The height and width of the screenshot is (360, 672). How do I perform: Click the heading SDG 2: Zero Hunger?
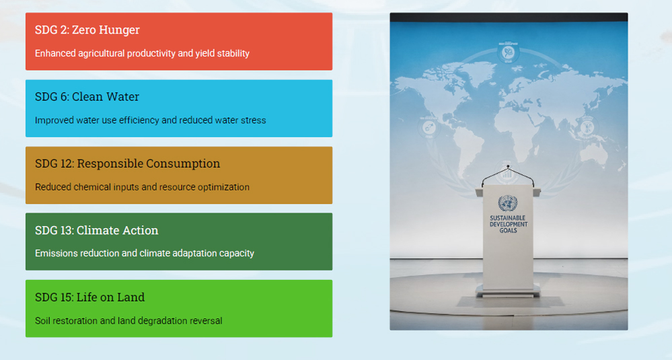[87, 30]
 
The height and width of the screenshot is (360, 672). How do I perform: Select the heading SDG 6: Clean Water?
[87, 97]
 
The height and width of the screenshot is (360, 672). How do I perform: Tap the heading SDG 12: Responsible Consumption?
[128, 164]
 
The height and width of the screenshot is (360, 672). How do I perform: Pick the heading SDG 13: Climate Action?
[97, 231]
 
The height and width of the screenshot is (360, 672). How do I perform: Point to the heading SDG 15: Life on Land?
[90, 297]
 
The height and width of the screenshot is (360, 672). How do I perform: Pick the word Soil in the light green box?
[42, 320]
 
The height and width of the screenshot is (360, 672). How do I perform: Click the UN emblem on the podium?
[508, 203]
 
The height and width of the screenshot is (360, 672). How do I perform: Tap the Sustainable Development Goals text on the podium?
[509, 224]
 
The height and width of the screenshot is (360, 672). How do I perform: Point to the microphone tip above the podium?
[508, 166]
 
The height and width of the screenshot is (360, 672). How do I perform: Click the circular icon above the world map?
[508, 53]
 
